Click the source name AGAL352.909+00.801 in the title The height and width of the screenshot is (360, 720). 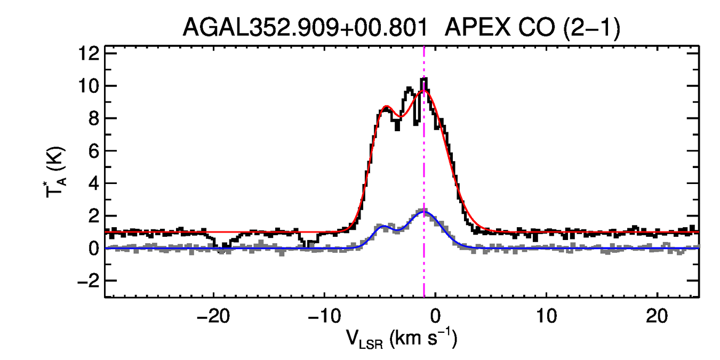(305, 28)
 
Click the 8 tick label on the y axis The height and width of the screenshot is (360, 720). (93, 118)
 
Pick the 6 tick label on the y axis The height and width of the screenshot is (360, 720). (93, 151)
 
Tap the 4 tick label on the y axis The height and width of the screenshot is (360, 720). (93, 183)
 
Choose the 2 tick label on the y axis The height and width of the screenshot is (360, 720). (93, 216)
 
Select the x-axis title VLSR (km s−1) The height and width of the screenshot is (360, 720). (402, 339)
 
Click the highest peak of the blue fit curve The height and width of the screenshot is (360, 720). (423, 212)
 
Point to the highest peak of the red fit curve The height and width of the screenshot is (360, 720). (424, 91)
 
